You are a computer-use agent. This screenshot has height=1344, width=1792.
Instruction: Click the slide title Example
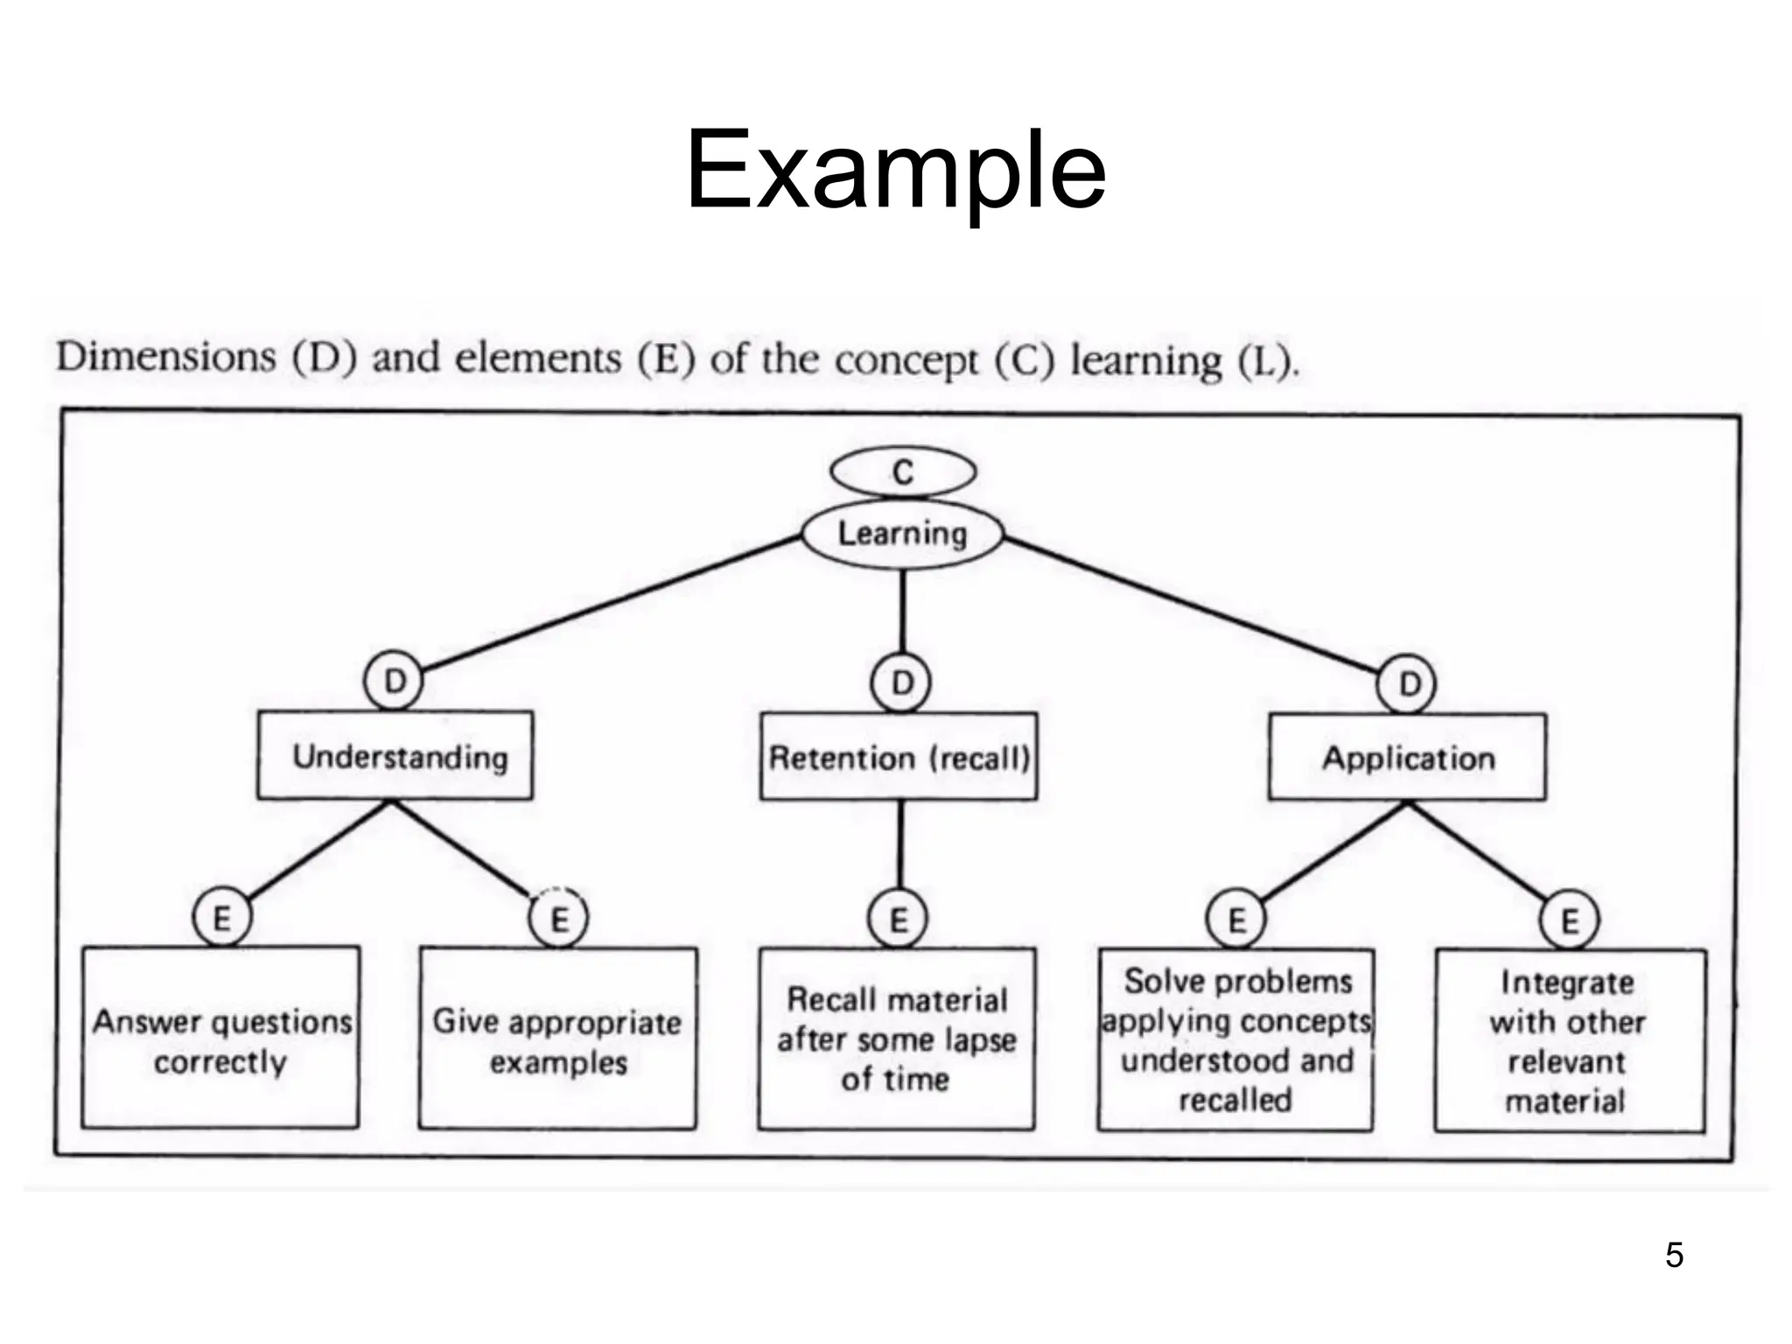(895, 170)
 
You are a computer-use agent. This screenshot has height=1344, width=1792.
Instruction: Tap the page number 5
(1674, 1255)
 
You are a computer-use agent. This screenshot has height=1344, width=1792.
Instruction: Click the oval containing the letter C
(903, 472)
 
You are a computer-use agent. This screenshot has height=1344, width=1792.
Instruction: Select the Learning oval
(903, 534)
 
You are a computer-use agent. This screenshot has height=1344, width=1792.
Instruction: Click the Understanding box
(395, 756)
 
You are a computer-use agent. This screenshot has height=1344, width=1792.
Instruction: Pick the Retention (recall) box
(899, 757)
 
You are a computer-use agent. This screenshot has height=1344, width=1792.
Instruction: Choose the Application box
(1407, 758)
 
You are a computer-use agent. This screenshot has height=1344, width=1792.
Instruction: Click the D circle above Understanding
(395, 681)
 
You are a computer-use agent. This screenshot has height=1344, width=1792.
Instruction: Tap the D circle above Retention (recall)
(901, 682)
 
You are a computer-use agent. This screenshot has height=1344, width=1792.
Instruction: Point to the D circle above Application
(1407, 683)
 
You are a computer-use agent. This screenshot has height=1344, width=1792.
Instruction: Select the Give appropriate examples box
(557, 1039)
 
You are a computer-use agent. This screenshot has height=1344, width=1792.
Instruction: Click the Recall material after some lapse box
(897, 1039)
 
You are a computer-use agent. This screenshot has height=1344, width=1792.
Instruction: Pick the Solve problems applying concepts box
(1235, 1040)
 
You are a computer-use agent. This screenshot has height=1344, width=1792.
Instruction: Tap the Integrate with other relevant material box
(1570, 1041)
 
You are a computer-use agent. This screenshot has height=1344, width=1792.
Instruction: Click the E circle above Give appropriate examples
(559, 918)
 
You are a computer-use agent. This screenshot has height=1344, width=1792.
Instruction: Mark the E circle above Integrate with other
(1570, 920)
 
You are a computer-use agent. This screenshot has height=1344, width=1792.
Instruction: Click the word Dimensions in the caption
(166, 357)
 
